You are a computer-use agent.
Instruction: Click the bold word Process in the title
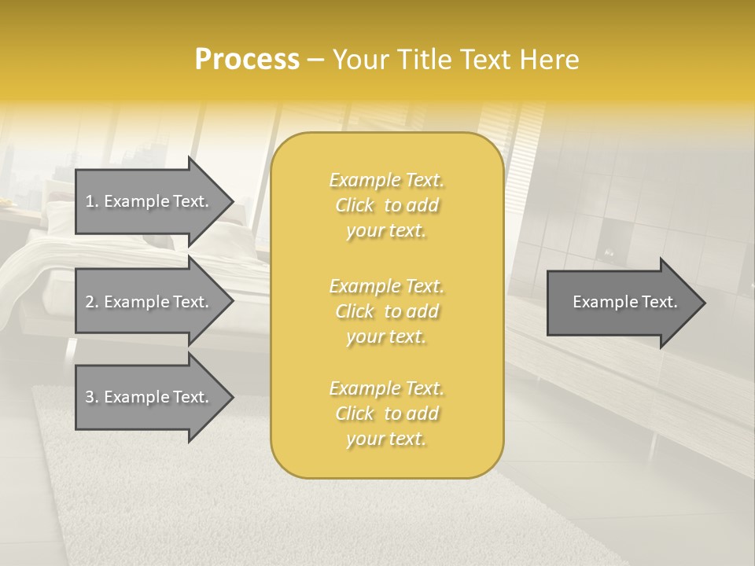tap(247, 60)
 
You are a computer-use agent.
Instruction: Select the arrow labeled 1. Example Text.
tap(147, 201)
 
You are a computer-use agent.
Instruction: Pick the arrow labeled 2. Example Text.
tap(147, 302)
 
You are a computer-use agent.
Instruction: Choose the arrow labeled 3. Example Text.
tap(147, 397)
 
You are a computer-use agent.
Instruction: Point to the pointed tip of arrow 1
tap(231, 202)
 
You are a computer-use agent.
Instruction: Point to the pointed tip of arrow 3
tap(231, 398)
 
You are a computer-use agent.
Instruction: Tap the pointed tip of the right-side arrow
tap(704, 303)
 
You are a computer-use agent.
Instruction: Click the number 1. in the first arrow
tap(92, 201)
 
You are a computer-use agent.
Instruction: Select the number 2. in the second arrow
tap(92, 302)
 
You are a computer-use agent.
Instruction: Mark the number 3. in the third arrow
tap(92, 397)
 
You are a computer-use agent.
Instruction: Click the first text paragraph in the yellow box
tap(386, 205)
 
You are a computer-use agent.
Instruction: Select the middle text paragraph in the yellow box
tap(386, 311)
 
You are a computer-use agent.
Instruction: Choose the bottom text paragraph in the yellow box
tap(386, 413)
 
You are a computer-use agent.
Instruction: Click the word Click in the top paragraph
tap(355, 206)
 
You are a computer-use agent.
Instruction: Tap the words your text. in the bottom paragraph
tap(386, 439)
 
